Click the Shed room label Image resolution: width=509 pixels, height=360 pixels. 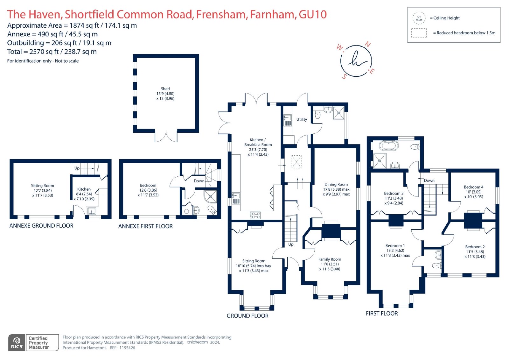point(165,89)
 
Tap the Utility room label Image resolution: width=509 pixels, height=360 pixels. point(302,119)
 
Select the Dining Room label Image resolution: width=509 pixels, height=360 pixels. point(336,184)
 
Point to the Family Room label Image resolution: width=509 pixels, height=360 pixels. point(330,259)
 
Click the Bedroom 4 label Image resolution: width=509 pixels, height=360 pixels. point(474,187)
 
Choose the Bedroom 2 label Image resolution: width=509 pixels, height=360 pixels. point(475,247)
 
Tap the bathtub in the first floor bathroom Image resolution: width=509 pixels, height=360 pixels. point(389,146)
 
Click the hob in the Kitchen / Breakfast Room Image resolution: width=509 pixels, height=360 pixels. point(255,215)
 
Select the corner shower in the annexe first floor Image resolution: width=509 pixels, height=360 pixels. point(210,196)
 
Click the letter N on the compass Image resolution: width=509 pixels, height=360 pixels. point(367,44)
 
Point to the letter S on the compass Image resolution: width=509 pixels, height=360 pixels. point(345,76)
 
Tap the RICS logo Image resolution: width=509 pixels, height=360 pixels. point(17,342)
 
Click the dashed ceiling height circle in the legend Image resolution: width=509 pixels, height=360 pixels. point(419,18)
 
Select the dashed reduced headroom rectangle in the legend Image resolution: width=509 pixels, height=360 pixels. point(419,33)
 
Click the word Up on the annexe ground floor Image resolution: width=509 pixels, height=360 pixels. point(77,168)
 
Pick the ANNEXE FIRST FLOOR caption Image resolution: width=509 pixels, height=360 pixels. point(145,226)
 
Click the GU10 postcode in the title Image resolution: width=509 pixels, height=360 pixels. point(313,14)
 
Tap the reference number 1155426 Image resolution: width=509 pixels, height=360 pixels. point(127,348)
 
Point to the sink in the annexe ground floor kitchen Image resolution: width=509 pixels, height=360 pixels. point(92,211)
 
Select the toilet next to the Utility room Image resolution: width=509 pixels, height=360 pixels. point(317,114)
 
